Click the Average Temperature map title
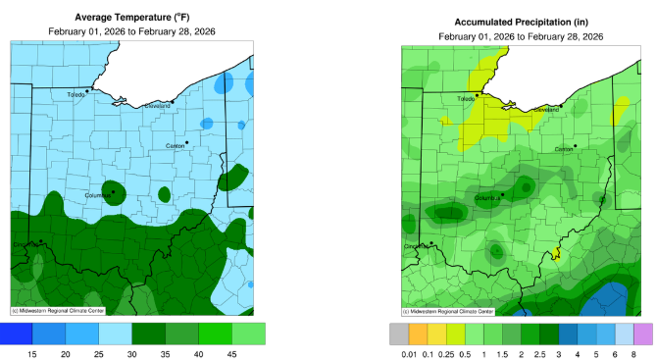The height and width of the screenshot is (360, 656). pos(131,17)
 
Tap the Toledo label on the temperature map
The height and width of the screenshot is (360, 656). pos(76,95)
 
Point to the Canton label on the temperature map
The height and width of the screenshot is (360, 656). pos(177,146)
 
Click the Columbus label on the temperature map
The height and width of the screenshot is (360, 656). pos(97,195)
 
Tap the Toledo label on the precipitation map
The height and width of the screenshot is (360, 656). pos(467,99)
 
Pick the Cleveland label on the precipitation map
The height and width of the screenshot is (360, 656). pos(546,110)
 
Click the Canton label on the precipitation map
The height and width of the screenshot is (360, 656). pos(564,150)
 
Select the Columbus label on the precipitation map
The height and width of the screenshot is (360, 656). pos(487,199)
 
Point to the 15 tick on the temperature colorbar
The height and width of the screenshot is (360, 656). pos(32,352)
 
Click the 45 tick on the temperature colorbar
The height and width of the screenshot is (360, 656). pos(232,352)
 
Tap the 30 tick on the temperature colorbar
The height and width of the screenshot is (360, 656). pos(132,352)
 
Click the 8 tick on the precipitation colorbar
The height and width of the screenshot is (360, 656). pos(634,352)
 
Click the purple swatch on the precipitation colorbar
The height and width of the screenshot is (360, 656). pos(642,334)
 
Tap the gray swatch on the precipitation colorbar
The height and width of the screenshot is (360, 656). pos(399,334)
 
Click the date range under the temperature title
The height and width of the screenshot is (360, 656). pos(131,31)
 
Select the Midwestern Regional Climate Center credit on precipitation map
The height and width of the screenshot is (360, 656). pos(447,311)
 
